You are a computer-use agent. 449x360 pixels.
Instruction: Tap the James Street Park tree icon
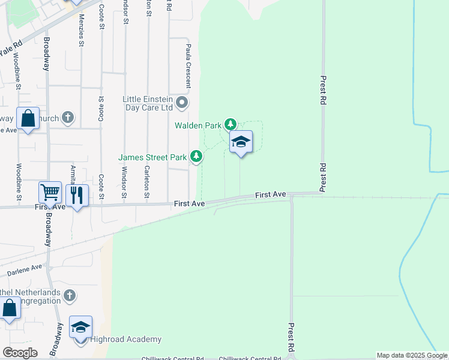pyautogui.click(x=196, y=157)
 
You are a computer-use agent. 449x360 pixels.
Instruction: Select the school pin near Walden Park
pyautogui.click(x=241, y=142)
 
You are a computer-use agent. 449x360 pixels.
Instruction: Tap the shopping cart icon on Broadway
pyautogui.click(x=50, y=193)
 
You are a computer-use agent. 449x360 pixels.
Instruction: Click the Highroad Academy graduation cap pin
pyautogui.click(x=80, y=328)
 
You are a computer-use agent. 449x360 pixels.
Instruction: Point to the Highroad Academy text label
pyautogui.click(x=119, y=339)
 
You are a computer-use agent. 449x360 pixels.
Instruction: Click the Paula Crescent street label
pyautogui.click(x=188, y=65)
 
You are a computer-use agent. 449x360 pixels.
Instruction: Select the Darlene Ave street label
pyautogui.click(x=25, y=270)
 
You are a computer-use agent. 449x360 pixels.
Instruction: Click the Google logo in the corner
pyautogui.click(x=20, y=353)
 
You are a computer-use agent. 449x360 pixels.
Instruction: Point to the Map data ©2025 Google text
pyautogui.click(x=412, y=355)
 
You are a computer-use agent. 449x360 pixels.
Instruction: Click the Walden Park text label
pyautogui.click(x=198, y=125)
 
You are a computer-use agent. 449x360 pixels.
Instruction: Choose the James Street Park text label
pyautogui.click(x=152, y=157)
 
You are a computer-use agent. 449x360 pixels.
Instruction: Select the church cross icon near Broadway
pyautogui.click(x=68, y=118)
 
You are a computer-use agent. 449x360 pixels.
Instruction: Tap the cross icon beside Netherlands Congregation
pyautogui.click(x=70, y=295)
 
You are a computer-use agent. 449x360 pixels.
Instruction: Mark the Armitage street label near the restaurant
pyautogui.click(x=73, y=173)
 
